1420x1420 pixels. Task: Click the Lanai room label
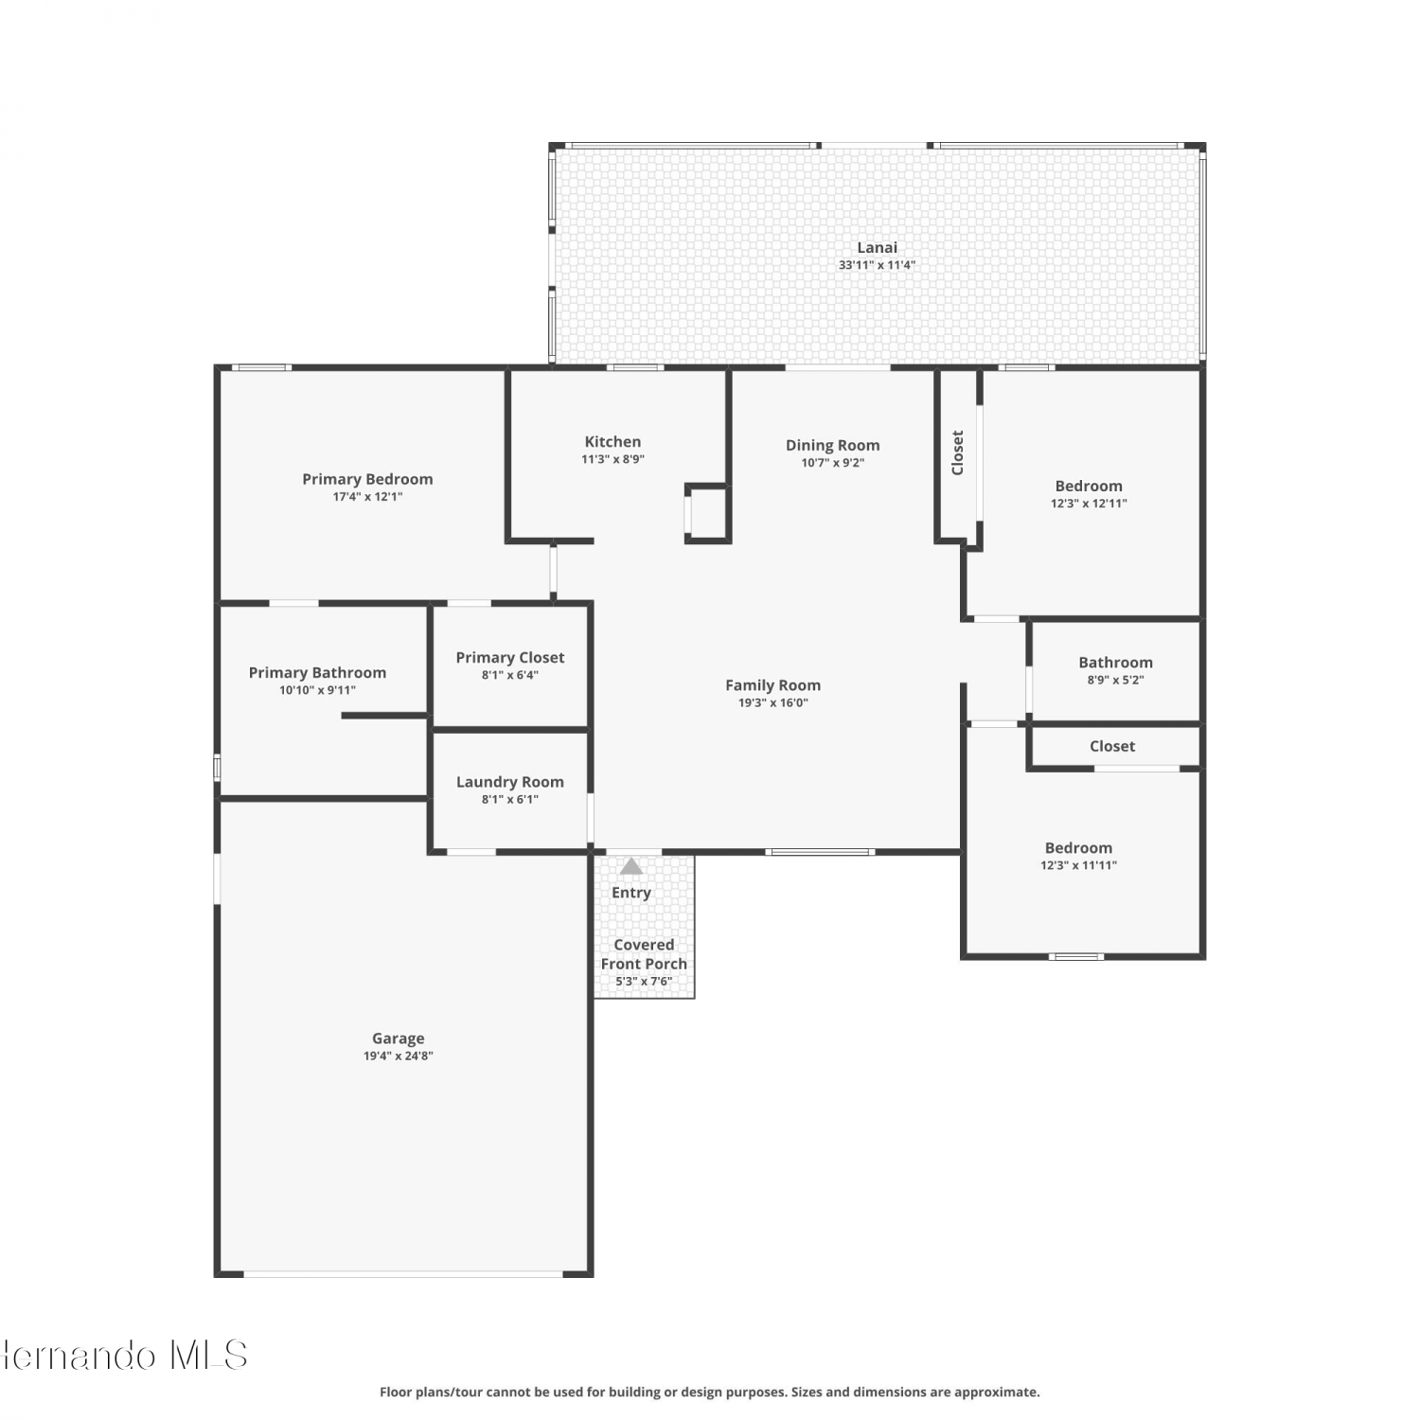pyautogui.click(x=877, y=248)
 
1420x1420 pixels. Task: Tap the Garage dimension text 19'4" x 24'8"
pyautogui.click(x=399, y=1056)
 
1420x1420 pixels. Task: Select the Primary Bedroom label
pyautogui.click(x=367, y=479)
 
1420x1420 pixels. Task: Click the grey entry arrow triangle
pyautogui.click(x=630, y=866)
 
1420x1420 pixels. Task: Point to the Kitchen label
pyautogui.click(x=612, y=442)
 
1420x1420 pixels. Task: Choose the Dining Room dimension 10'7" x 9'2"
pyautogui.click(x=833, y=463)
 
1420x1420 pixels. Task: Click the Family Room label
pyautogui.click(x=772, y=685)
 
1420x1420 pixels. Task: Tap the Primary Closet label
pyautogui.click(x=510, y=658)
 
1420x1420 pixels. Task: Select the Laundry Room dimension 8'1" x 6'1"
pyautogui.click(x=510, y=799)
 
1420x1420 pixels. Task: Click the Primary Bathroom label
pyautogui.click(x=317, y=673)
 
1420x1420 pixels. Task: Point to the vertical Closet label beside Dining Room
pyautogui.click(x=957, y=453)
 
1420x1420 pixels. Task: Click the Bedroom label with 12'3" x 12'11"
pyautogui.click(x=1089, y=487)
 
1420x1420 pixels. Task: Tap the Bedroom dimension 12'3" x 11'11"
pyautogui.click(x=1079, y=865)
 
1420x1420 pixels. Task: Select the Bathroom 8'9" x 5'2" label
pyautogui.click(x=1116, y=663)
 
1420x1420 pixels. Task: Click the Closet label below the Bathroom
pyautogui.click(x=1112, y=746)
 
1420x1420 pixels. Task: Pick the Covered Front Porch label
pyautogui.click(x=644, y=954)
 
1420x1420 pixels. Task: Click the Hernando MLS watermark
pyautogui.click(x=124, y=1356)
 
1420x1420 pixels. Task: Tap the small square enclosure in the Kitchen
pyautogui.click(x=708, y=514)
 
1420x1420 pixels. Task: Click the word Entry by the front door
pyautogui.click(x=631, y=893)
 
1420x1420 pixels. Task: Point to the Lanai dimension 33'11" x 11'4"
pyautogui.click(x=877, y=265)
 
